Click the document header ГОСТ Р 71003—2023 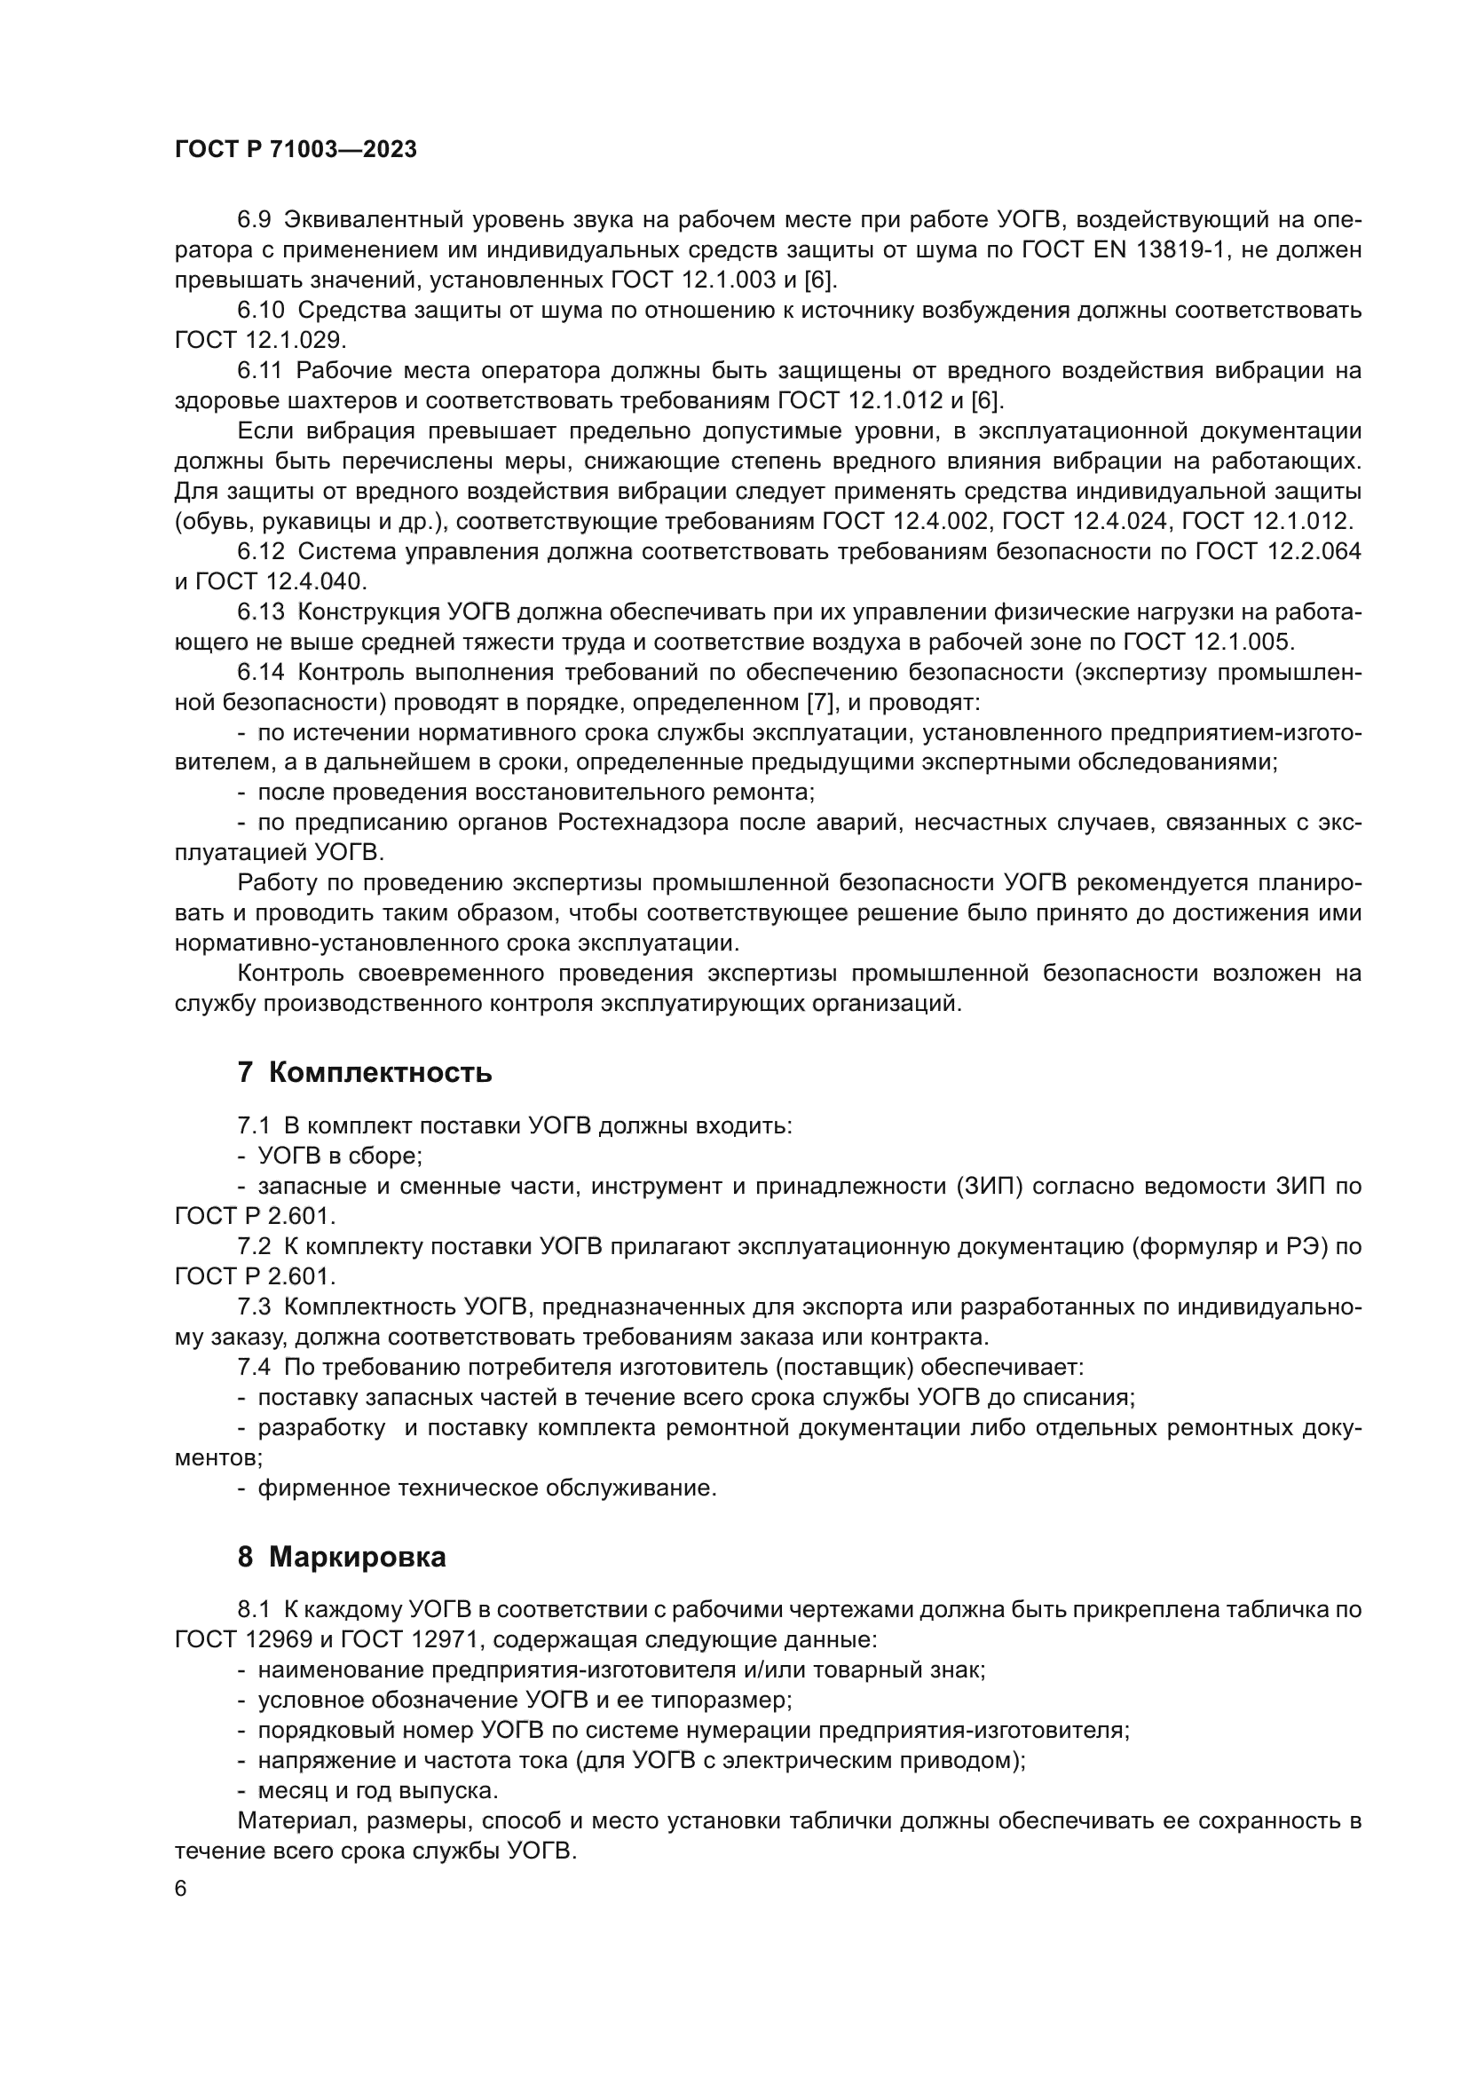click(296, 150)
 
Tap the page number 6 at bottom click(181, 1889)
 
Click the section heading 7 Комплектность click(364, 1072)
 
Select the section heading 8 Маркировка click(342, 1557)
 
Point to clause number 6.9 click(254, 220)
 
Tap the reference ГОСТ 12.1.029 click(258, 341)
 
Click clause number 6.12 click(261, 551)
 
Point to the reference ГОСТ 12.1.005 click(1209, 642)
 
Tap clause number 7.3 click(254, 1306)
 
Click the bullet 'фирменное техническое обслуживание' click(486, 1488)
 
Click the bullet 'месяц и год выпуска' click(377, 1790)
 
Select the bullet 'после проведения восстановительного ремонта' click(535, 793)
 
